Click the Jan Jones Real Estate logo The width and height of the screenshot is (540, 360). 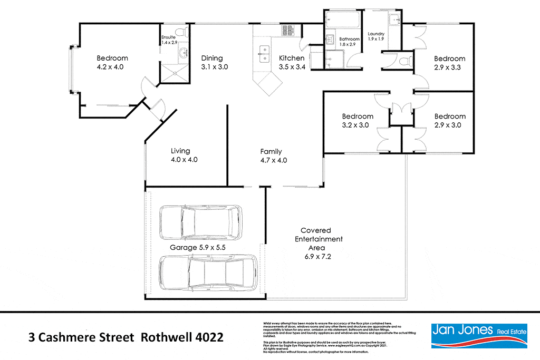pyautogui.click(x=479, y=336)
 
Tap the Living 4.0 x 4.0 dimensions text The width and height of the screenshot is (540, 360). pyautogui.click(x=184, y=160)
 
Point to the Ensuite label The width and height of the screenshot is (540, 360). pyautogui.click(x=169, y=37)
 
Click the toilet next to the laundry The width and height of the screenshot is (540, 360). pyautogui.click(x=404, y=61)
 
